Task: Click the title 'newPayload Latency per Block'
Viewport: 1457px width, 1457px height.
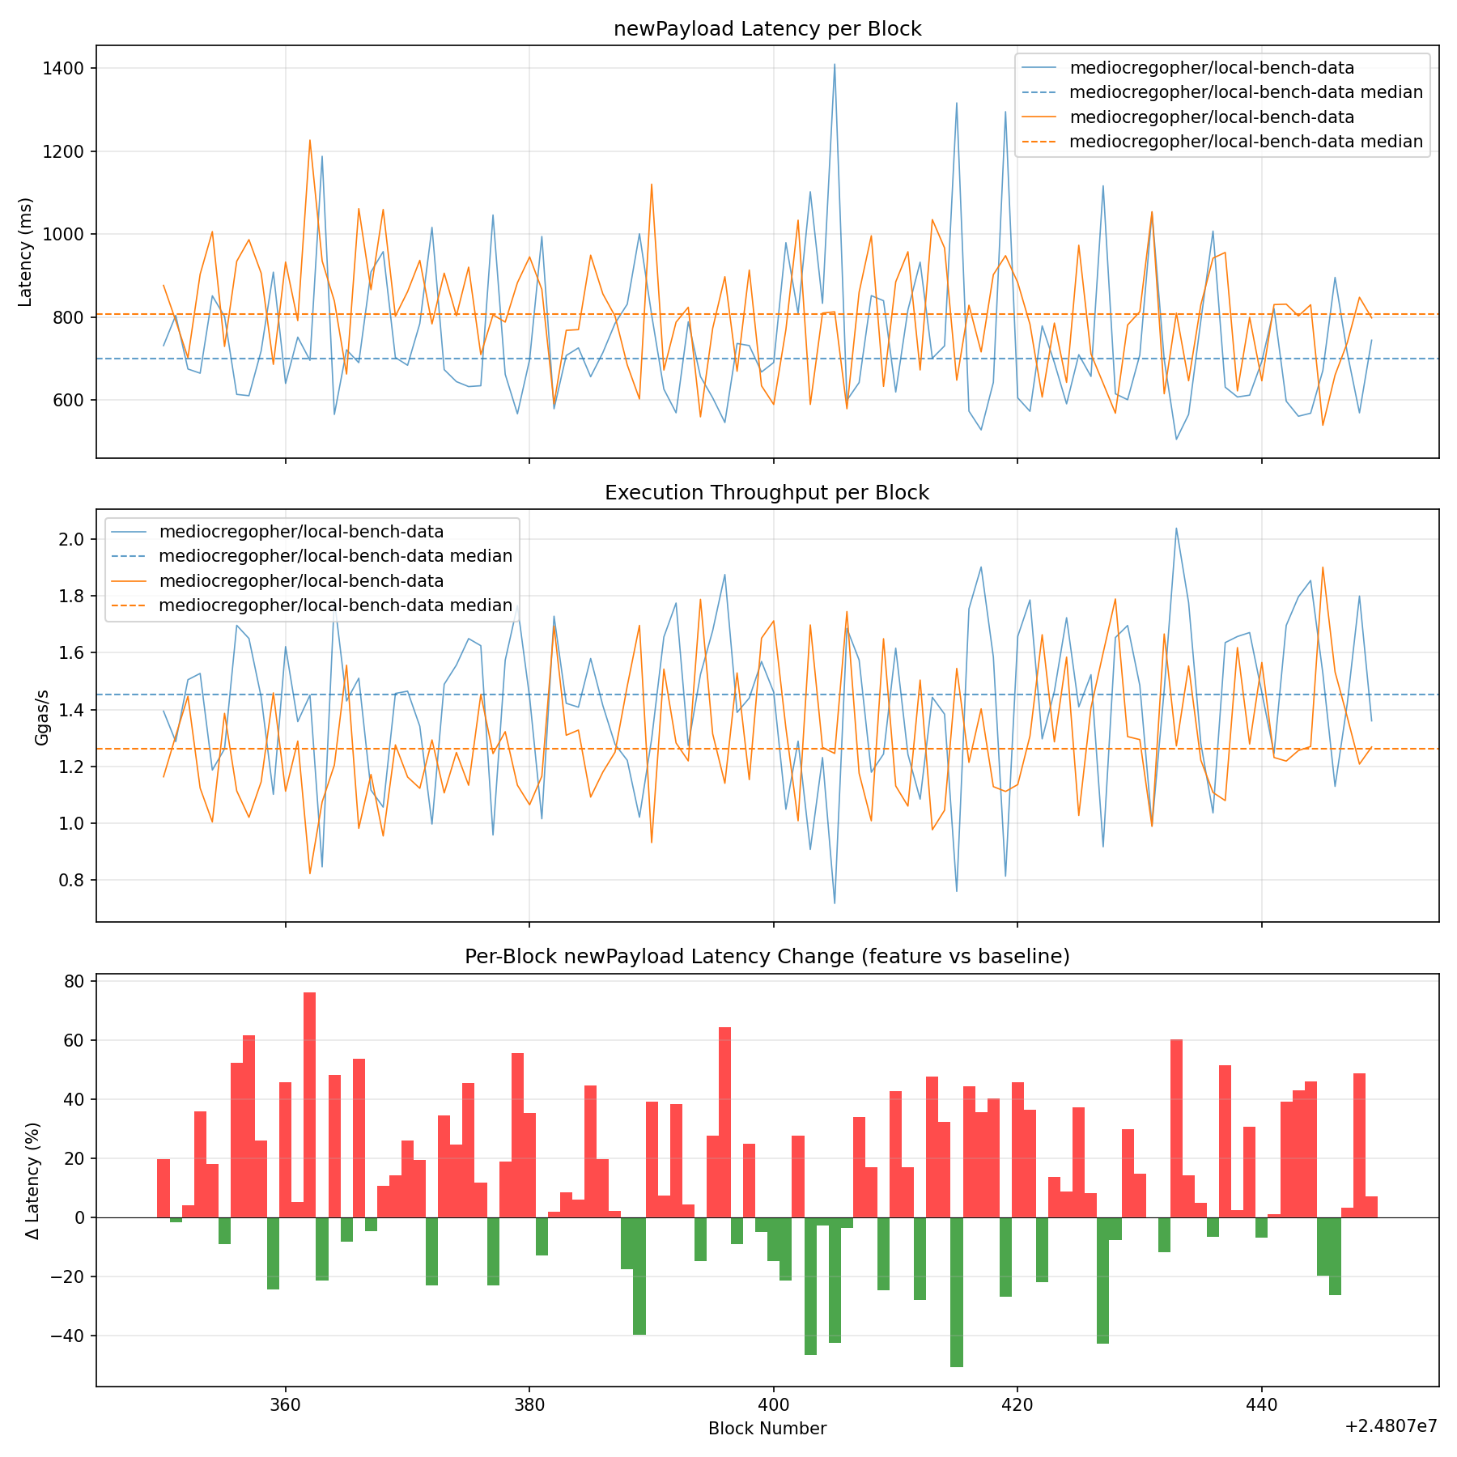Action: (767, 29)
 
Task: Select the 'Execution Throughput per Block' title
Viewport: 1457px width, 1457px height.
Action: (767, 493)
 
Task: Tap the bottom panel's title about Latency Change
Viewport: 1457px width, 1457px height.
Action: (767, 957)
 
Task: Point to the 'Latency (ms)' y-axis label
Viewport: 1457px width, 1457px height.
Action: (25, 252)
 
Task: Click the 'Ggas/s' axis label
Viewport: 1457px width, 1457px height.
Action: (42, 716)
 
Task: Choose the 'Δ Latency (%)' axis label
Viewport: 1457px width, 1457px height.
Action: (32, 1179)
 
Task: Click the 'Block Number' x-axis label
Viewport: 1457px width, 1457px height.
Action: (767, 1429)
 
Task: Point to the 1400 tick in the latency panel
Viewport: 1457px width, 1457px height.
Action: (64, 69)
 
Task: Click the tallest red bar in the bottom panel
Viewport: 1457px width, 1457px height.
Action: (310, 1105)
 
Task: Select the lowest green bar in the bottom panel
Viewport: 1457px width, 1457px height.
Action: (957, 1292)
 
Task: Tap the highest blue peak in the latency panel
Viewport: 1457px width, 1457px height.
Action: (835, 65)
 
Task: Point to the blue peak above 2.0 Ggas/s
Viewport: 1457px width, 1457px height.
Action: (1176, 529)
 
